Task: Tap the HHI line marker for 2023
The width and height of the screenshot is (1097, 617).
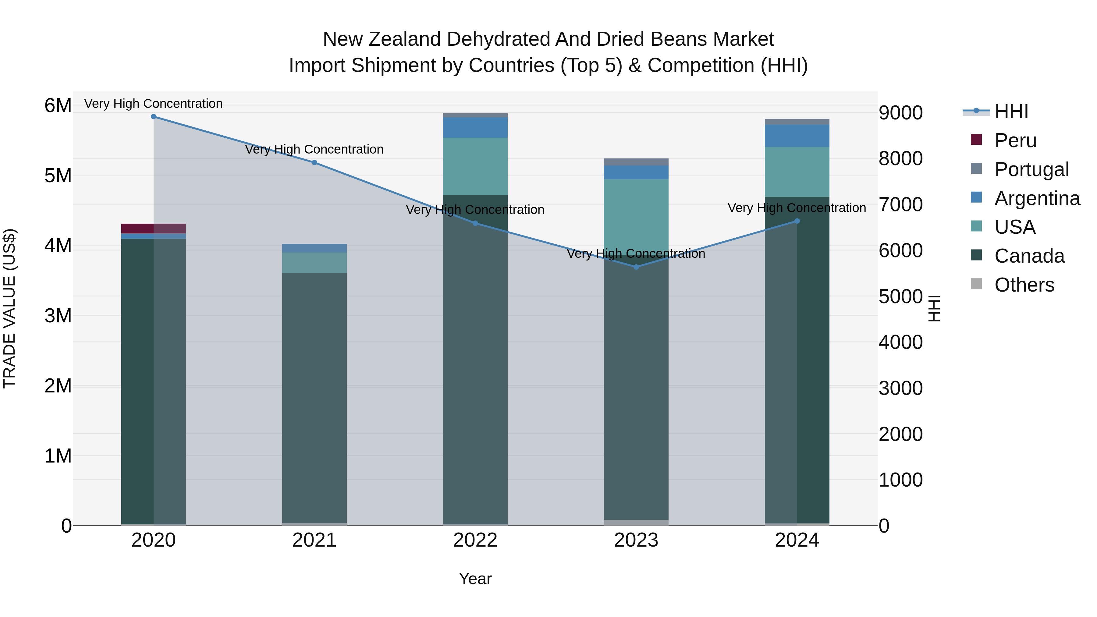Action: pos(636,267)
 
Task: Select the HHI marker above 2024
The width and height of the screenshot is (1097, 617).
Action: pos(797,221)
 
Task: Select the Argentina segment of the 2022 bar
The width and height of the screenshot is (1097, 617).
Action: pos(475,127)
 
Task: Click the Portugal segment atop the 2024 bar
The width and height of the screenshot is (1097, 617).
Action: pos(797,122)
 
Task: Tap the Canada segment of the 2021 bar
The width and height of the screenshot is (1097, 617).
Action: pos(314,396)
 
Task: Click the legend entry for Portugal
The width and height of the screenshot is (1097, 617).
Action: pos(1031,169)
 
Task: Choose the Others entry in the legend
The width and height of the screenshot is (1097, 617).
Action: pos(1024,285)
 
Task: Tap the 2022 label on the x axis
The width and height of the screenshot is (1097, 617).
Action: pos(475,540)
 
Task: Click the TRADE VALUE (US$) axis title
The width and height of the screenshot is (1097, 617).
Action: pos(9,308)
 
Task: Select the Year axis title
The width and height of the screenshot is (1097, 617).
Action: pos(475,579)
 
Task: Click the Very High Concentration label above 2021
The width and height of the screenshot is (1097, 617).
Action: pos(314,150)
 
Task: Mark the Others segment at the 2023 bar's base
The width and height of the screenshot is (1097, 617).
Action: pos(636,523)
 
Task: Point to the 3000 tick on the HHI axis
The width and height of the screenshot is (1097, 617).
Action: pos(900,388)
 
